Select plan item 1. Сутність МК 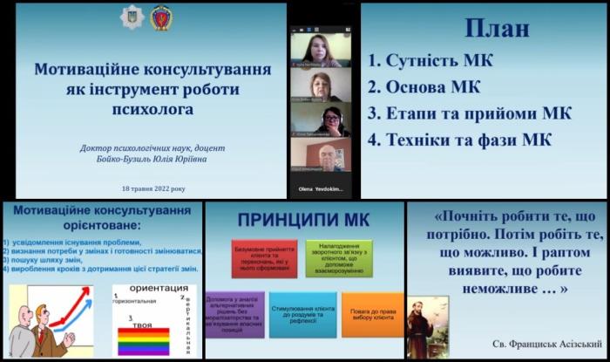(x=430, y=62)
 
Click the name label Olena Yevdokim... (x=321, y=188)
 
